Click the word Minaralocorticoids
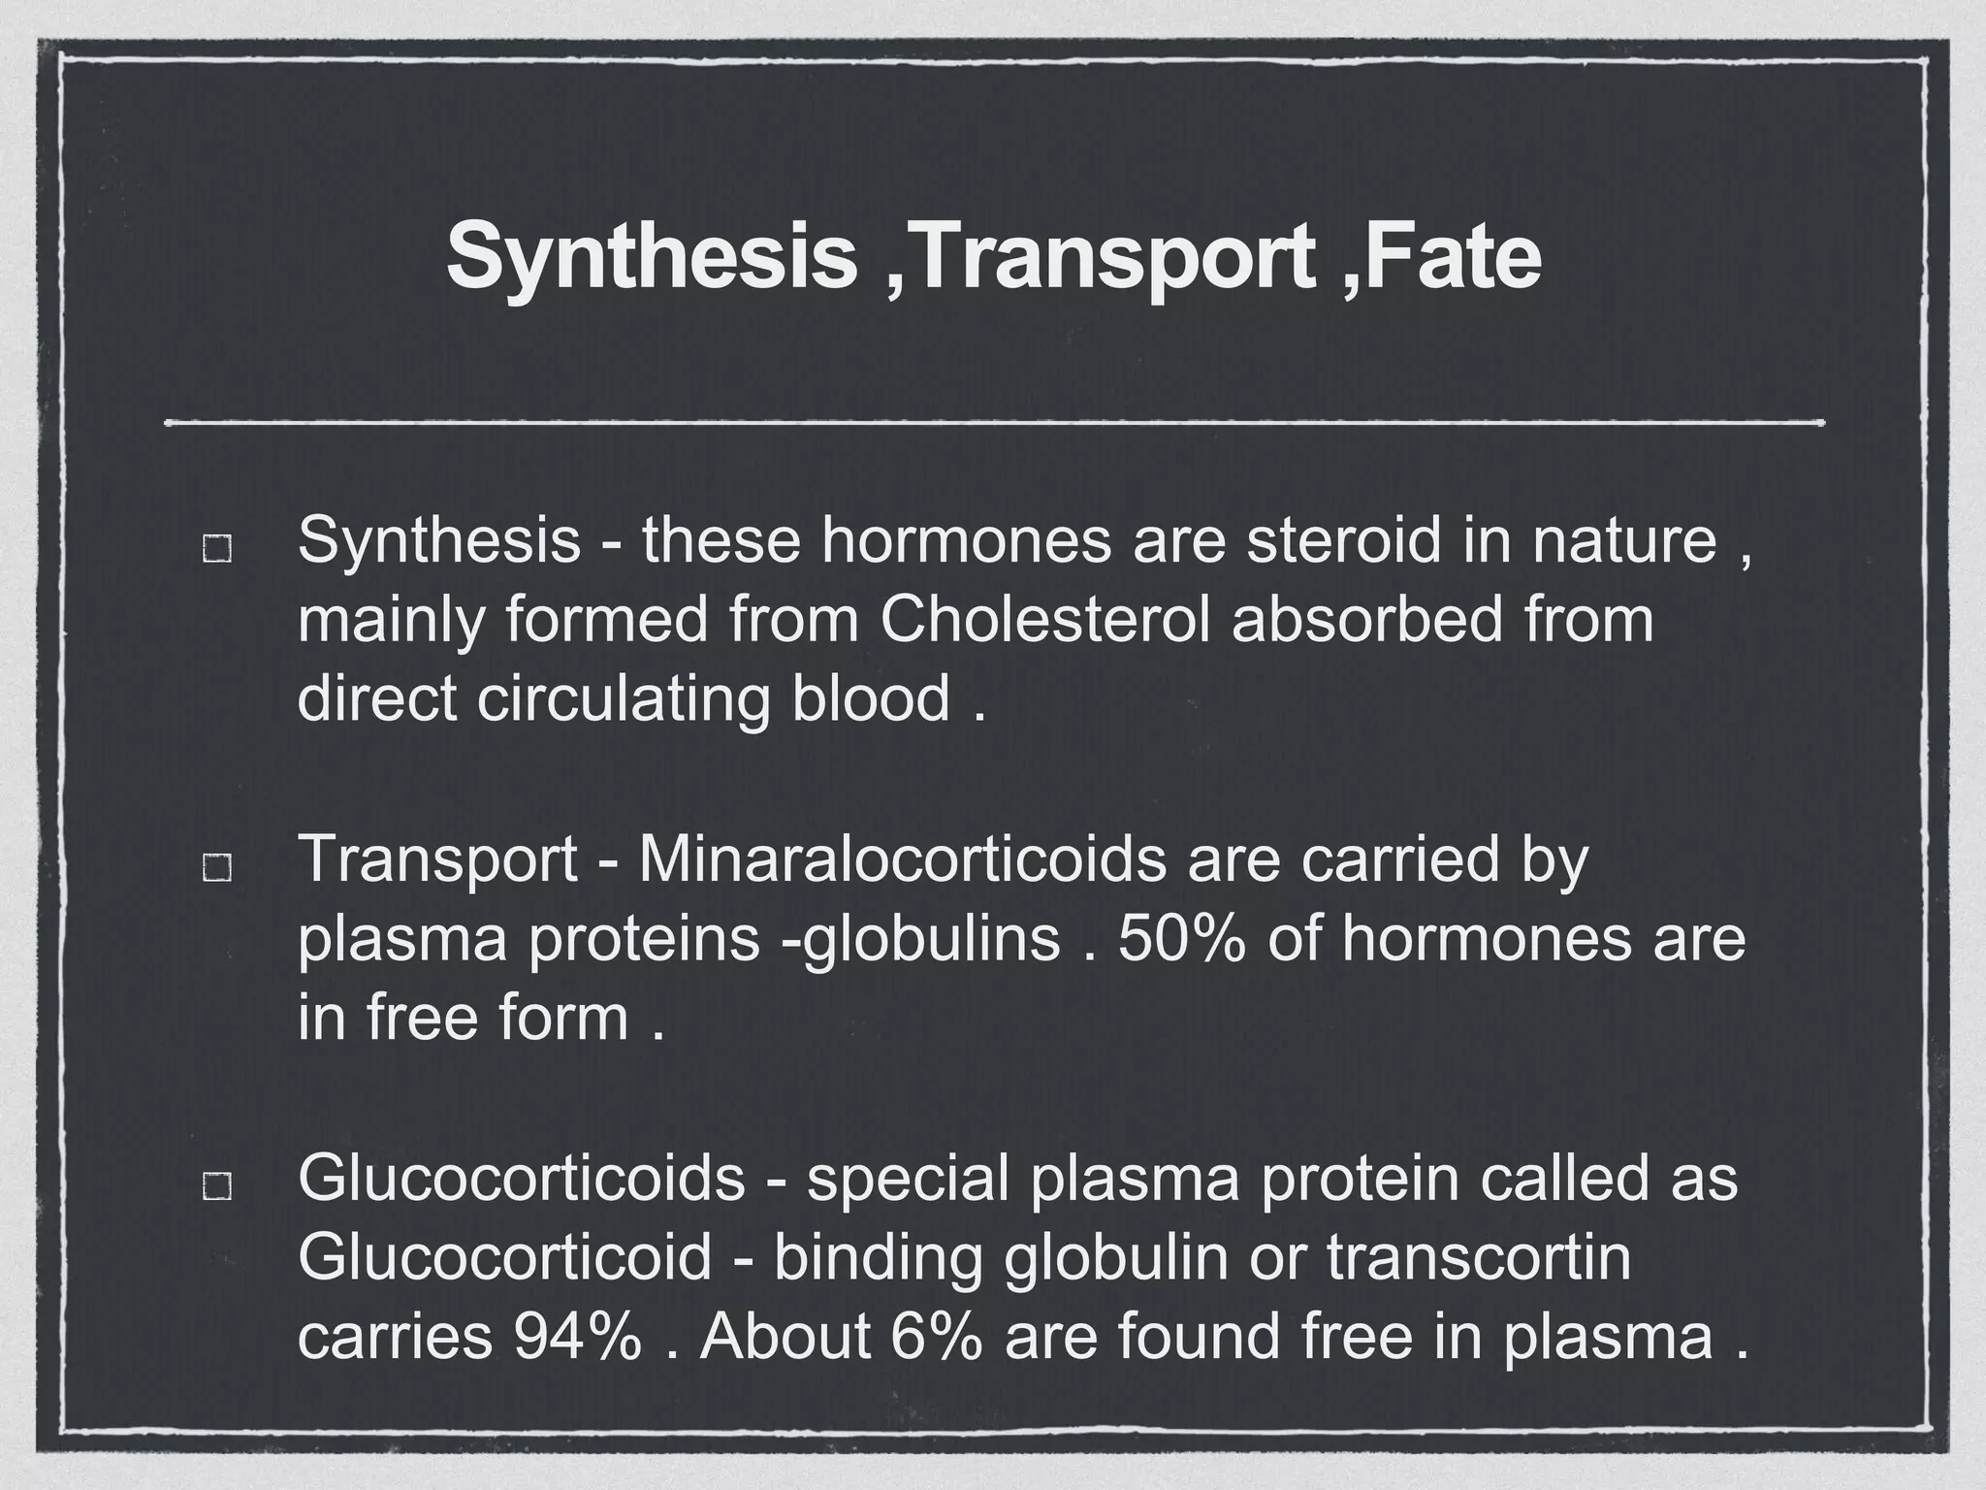(902, 858)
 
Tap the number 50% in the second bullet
(1181, 938)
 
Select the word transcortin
(1479, 1256)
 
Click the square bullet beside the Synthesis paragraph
(216, 548)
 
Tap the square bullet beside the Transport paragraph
(216, 867)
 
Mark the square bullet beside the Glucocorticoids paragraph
(216, 1185)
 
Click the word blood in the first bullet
(870, 698)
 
